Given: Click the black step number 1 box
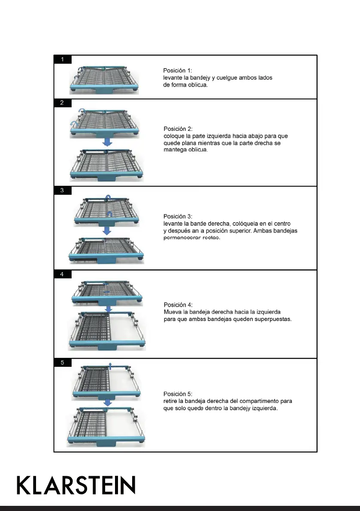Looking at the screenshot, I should click(x=63, y=59).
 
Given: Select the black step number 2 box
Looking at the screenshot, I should click(x=63, y=103).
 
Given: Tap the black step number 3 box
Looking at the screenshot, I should click(x=63, y=190).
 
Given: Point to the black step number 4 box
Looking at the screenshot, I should click(x=63, y=275).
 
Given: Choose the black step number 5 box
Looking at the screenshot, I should click(x=63, y=363).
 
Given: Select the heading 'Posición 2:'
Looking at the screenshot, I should click(x=178, y=129).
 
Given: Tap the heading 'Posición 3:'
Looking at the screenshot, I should click(x=178, y=216).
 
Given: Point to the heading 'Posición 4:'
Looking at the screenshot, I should click(x=178, y=305).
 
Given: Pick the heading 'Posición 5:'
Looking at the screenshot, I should click(x=178, y=394).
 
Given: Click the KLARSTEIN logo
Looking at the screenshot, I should click(x=76, y=485).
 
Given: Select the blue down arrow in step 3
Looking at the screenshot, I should click(x=107, y=230).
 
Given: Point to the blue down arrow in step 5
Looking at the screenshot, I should click(x=108, y=402).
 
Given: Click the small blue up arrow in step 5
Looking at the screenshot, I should click(x=110, y=365).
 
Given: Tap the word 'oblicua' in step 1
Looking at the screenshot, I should click(x=198, y=85).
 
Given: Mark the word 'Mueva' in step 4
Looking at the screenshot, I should click(x=172, y=312).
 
